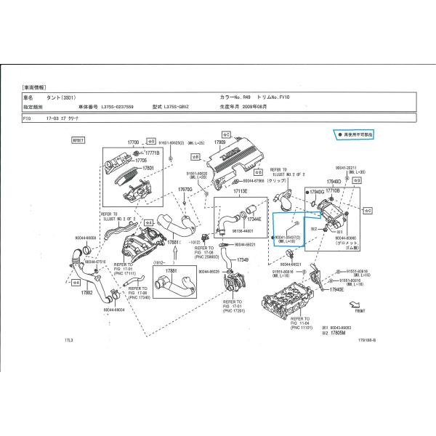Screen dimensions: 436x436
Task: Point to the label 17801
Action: [x=149, y=168]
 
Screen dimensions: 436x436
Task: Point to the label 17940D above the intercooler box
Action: [x=334, y=182]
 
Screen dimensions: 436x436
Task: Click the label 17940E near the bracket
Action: [x=336, y=288]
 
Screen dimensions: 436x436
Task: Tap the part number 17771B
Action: [x=151, y=153]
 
